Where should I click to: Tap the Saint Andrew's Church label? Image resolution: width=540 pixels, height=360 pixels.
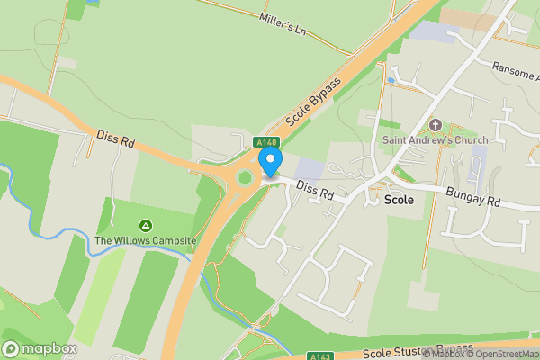coord(436,139)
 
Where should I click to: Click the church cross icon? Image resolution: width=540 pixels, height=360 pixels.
coord(436,125)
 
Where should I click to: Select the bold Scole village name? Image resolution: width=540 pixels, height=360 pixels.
coord(399,200)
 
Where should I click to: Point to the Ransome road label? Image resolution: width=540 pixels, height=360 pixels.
coord(515,67)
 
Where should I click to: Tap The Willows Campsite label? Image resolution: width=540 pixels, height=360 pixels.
coord(146,240)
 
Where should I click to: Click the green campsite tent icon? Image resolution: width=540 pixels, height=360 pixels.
coord(146,225)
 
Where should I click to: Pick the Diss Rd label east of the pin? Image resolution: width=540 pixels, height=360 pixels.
coord(315,192)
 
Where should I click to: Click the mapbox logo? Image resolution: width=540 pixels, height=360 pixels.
coord(40,348)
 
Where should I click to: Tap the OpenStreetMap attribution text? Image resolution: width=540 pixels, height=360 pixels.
coord(505,354)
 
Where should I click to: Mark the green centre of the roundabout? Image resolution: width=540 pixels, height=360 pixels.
coord(244,178)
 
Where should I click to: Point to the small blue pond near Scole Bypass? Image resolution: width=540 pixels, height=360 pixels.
coord(391,80)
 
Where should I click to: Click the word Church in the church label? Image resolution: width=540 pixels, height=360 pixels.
coord(470,139)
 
